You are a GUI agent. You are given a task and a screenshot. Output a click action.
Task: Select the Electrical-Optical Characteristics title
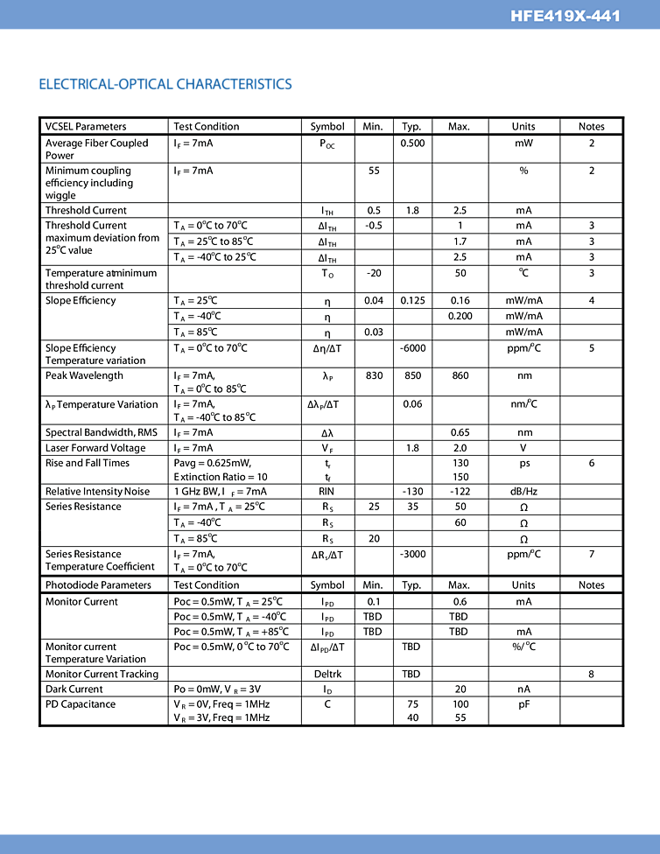165,84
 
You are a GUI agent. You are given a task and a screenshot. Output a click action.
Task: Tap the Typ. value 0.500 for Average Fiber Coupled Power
412,143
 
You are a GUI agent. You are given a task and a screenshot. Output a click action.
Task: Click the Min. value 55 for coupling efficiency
374,171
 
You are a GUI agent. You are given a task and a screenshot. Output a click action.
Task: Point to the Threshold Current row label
86,210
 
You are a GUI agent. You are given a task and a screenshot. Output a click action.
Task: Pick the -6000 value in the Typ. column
412,348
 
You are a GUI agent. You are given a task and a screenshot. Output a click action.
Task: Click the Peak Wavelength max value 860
460,376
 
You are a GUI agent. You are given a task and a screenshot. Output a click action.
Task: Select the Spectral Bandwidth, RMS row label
102,432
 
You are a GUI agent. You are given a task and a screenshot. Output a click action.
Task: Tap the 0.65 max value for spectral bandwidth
460,432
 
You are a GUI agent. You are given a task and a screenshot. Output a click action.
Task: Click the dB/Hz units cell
523,492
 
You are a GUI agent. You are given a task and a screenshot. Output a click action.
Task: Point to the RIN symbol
326,492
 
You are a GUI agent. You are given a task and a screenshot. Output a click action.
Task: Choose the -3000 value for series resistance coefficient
412,555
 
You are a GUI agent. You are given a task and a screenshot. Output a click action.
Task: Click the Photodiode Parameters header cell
98,584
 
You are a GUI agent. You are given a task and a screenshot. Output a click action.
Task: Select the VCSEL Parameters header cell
86,126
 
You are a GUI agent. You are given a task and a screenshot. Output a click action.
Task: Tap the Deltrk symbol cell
327,674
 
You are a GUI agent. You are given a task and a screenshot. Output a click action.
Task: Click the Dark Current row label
74,689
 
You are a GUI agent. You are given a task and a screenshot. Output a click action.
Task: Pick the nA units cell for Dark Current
523,689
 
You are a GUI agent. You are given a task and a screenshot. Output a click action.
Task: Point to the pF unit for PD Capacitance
523,704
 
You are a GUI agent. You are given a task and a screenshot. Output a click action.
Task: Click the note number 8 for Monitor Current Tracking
592,674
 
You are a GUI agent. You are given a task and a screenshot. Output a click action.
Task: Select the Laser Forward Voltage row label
95,448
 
